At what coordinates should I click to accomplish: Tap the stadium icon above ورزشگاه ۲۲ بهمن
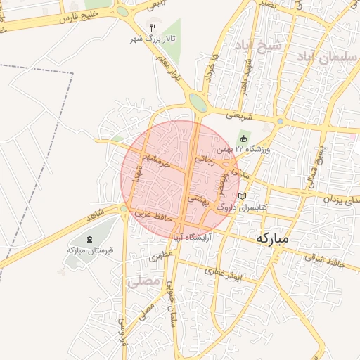coord(243,138)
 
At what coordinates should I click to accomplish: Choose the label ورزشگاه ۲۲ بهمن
coord(243,149)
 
